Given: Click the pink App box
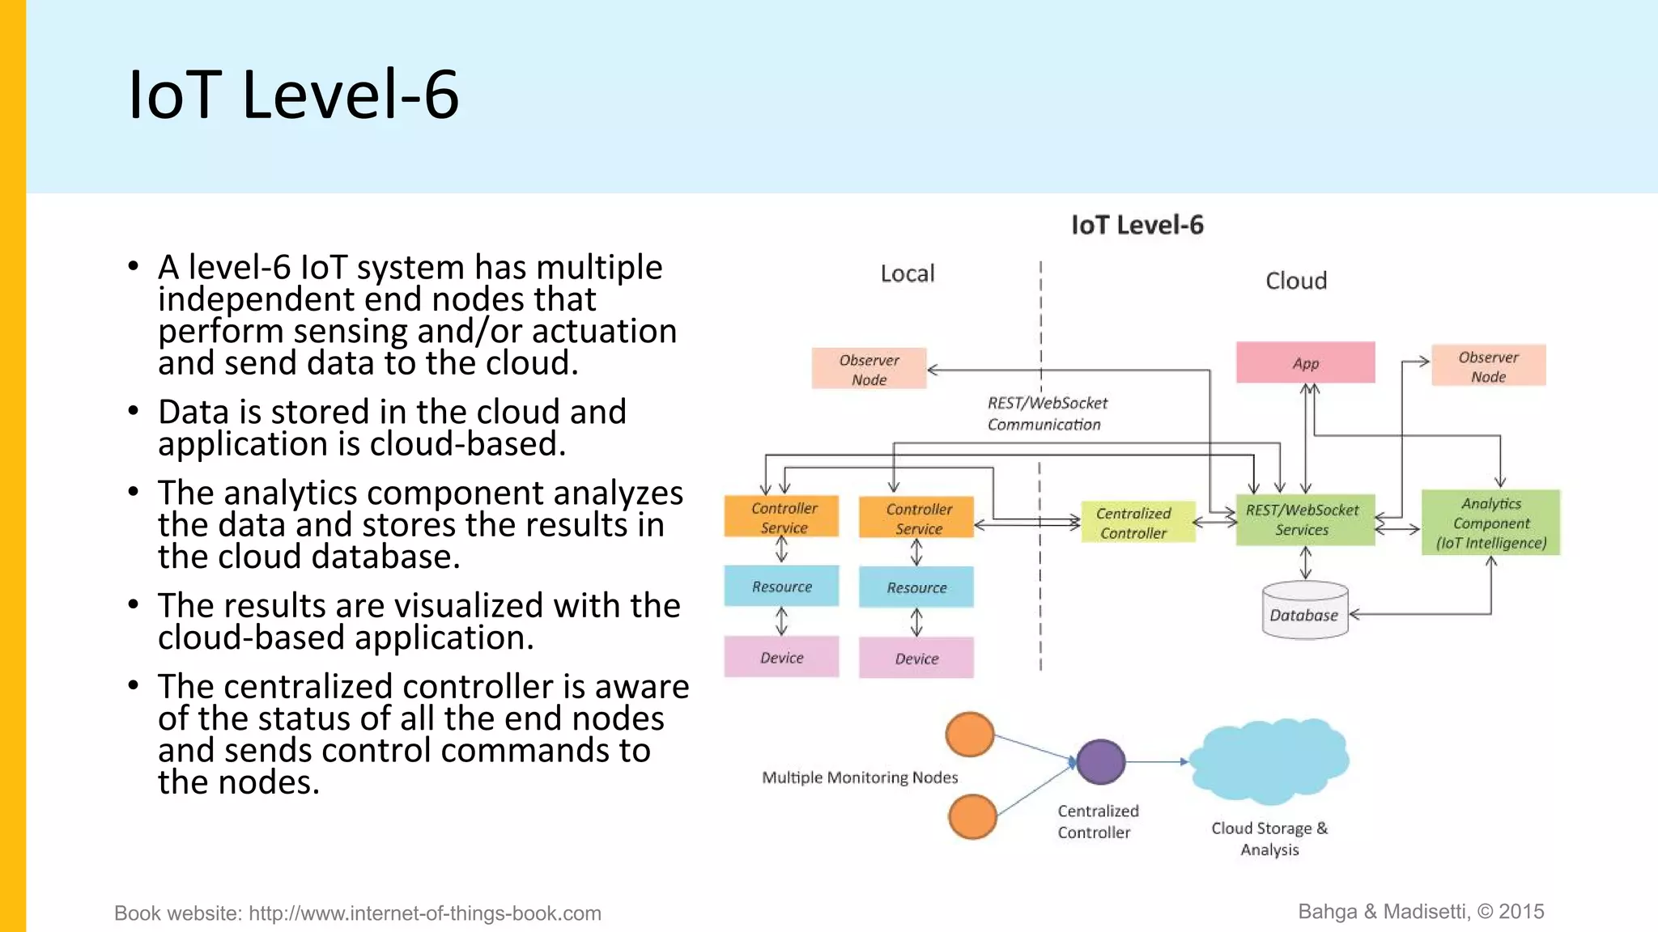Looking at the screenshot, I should click(1305, 362).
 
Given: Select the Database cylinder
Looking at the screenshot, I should click(1304, 612).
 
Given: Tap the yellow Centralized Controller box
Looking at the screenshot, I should click(1137, 523).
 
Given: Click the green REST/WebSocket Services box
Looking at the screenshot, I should click(1304, 519).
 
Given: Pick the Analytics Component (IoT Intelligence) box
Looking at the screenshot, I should click(1490, 523).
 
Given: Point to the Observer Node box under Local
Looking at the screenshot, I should click(869, 369).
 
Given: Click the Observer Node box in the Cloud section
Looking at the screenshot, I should click(1488, 366).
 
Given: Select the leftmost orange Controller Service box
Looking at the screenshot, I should click(781, 516).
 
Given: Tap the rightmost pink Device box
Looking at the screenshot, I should click(916, 658).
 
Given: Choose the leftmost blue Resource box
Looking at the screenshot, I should click(781, 587).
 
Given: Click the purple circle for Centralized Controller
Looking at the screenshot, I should click(1100, 761).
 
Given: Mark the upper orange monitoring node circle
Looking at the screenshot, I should click(969, 734).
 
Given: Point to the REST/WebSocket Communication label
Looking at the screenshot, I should click(1046, 413).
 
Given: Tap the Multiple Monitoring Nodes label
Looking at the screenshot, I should click(859, 777).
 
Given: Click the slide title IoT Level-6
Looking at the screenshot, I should click(294, 95).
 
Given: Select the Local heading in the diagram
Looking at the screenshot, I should click(907, 273).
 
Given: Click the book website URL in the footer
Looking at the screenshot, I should click(424, 913).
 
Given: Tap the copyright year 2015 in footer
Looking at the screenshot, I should click(1521, 912).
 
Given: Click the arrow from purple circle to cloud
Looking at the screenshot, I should click(1157, 761).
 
